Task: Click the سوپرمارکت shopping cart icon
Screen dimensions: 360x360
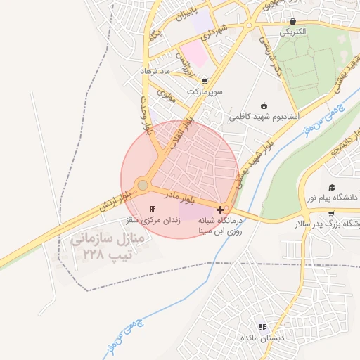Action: pyautogui.click(x=205, y=82)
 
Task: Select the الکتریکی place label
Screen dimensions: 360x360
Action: pyautogui.click(x=292, y=32)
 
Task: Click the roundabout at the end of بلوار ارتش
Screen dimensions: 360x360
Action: pyautogui.click(x=143, y=185)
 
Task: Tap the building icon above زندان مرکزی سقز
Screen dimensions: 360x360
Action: pyautogui.click(x=153, y=210)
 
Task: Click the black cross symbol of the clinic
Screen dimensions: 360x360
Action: pyautogui.click(x=221, y=210)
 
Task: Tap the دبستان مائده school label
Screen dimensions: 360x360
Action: pyautogui.click(x=262, y=338)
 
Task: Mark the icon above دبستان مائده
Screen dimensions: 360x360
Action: pyautogui.click(x=262, y=328)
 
